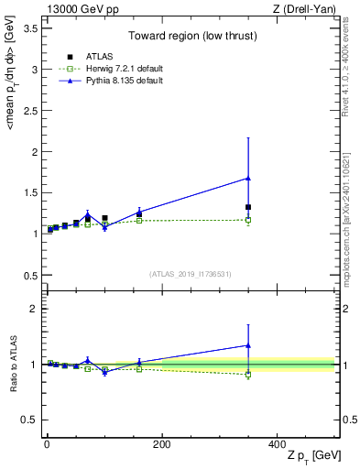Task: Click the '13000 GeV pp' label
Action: tap(76, 9)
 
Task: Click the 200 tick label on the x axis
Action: tap(161, 444)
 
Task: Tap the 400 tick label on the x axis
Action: tap(277, 444)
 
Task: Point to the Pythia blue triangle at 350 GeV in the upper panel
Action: tap(248, 178)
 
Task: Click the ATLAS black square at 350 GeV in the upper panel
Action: tap(248, 207)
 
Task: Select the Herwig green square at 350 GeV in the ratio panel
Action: tap(248, 374)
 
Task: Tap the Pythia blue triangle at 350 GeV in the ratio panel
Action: tap(248, 345)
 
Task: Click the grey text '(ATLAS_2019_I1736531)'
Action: tap(190, 274)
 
